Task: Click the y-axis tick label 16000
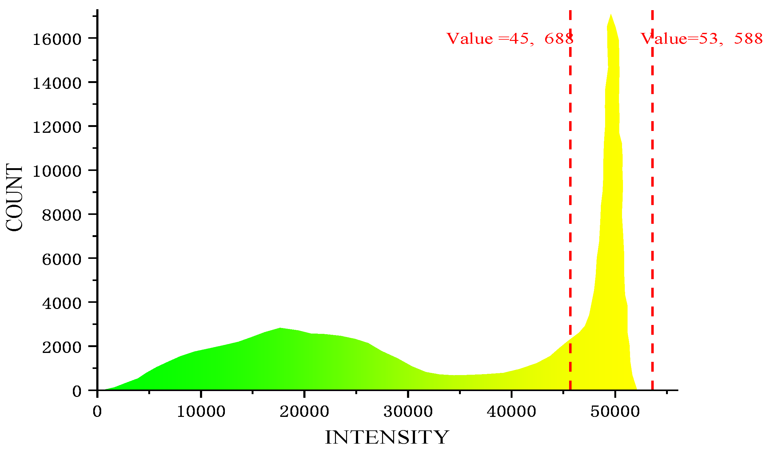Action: pyautogui.click(x=57, y=39)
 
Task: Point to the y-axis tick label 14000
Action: pyautogui.click(x=57, y=83)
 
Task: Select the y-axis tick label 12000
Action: pyautogui.click(x=57, y=127)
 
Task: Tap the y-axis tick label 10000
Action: pyautogui.click(x=57, y=171)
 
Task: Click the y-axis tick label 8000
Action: pyautogui.click(x=62, y=215)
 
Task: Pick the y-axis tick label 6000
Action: pyautogui.click(x=62, y=259)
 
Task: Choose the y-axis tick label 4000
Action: pyautogui.click(x=62, y=303)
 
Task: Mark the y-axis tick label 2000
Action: pyautogui.click(x=62, y=347)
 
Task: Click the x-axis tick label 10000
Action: pyautogui.click(x=201, y=411)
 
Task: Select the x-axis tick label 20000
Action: pyautogui.click(x=304, y=411)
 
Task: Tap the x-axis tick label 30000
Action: pyautogui.click(x=408, y=411)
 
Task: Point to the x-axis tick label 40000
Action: pyautogui.click(x=511, y=411)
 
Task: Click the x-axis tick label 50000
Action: pyautogui.click(x=615, y=411)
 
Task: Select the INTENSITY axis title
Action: pyautogui.click(x=387, y=437)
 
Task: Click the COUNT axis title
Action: pyautogui.click(x=14, y=197)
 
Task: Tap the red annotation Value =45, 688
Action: pyautogui.click(x=510, y=39)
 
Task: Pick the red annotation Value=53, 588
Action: pyautogui.click(x=701, y=39)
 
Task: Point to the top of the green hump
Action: pyautogui.click(x=280, y=328)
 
